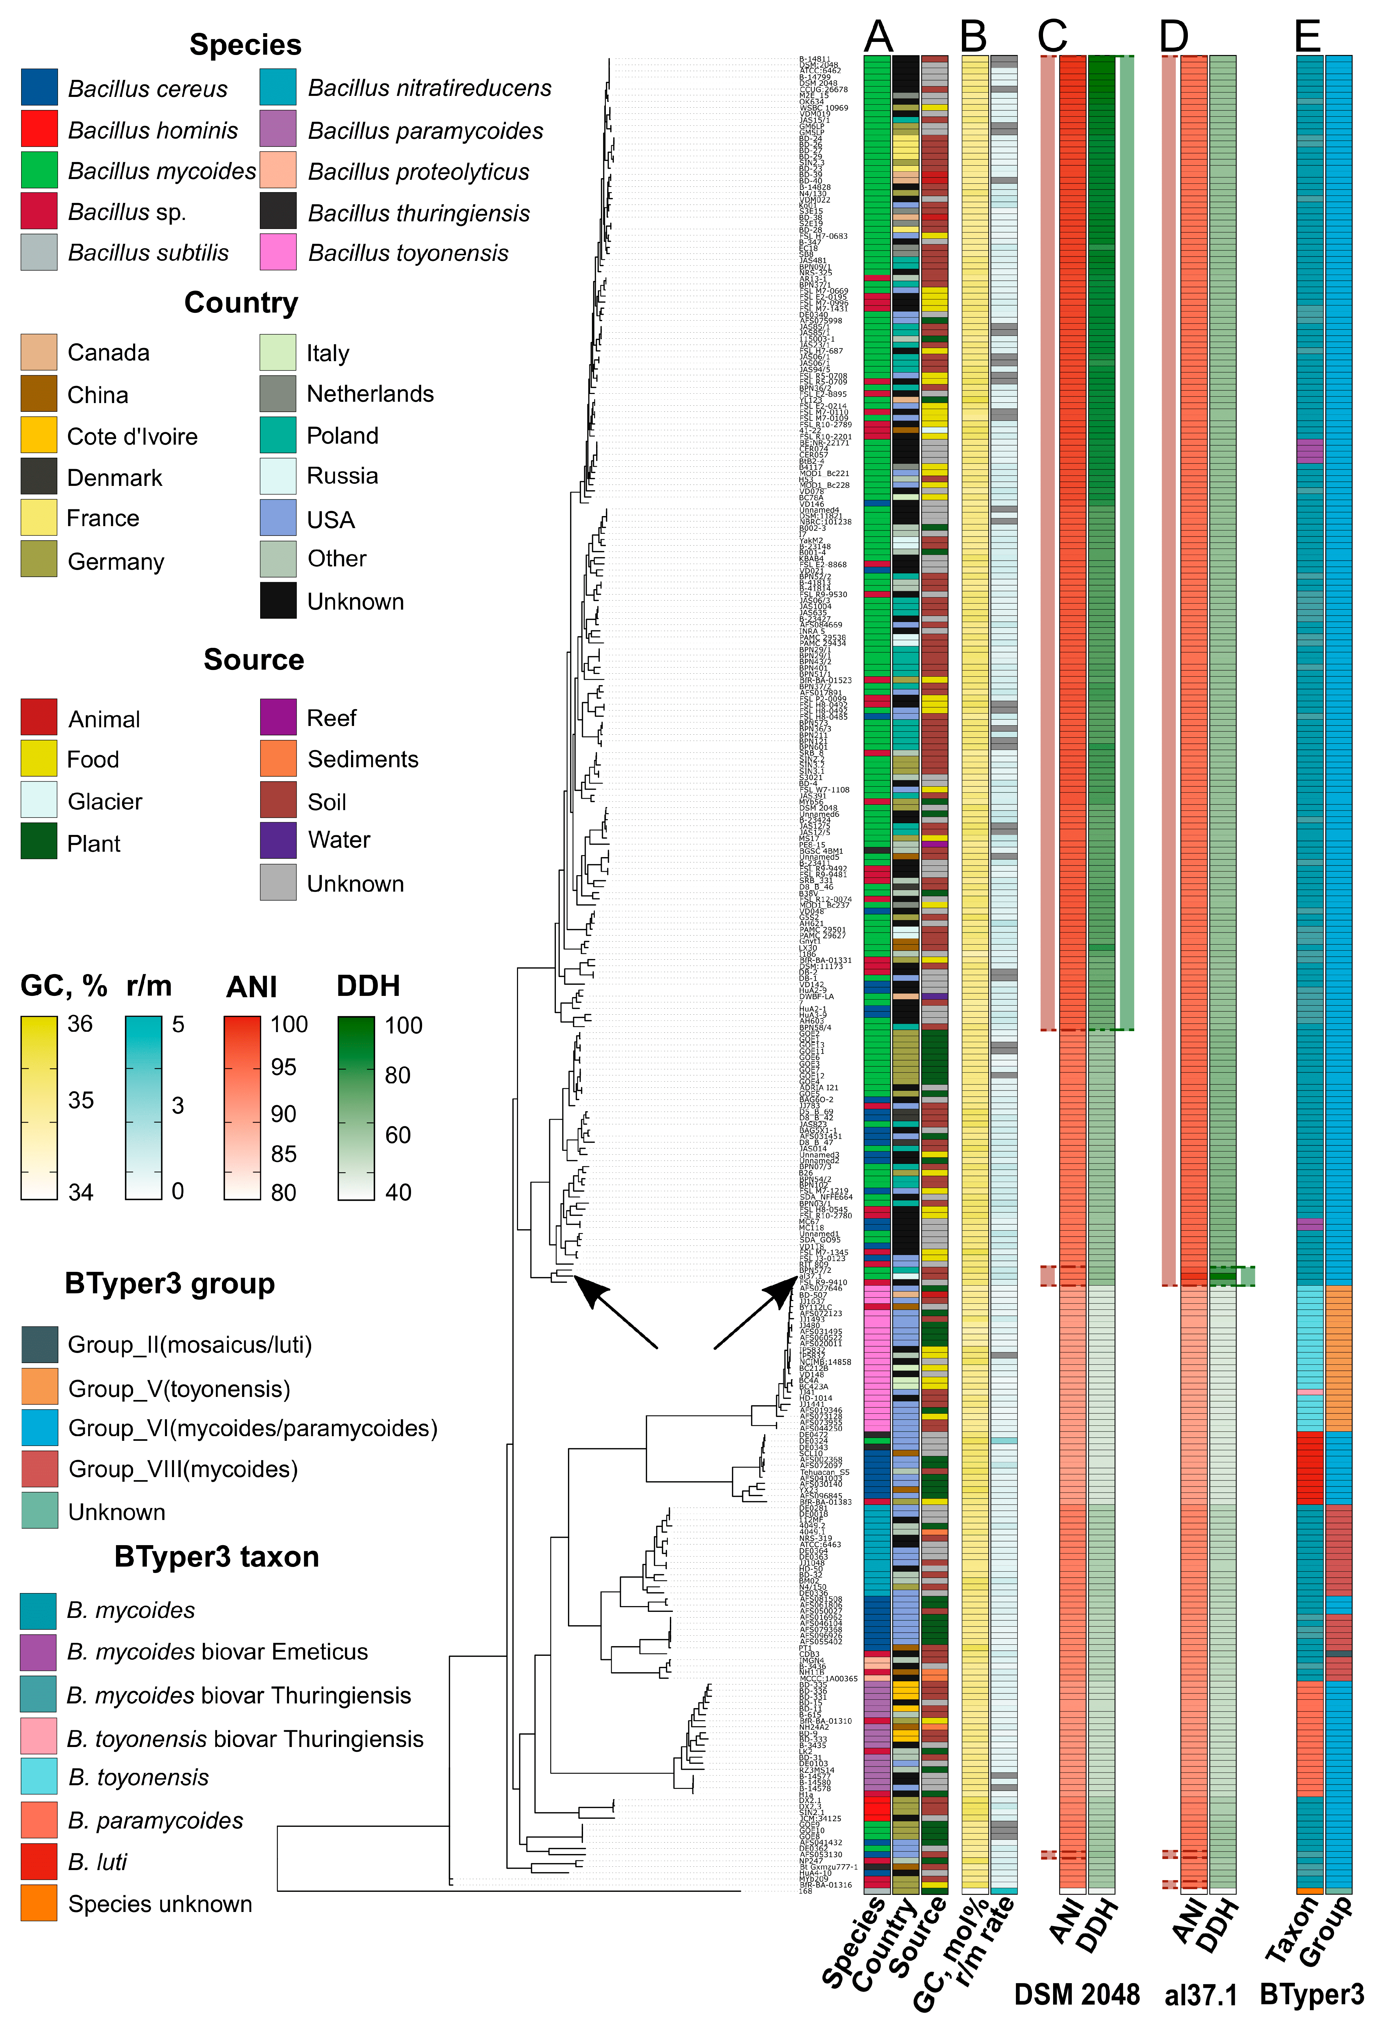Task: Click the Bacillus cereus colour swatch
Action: pos(39,87)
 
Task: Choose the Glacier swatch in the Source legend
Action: pos(39,800)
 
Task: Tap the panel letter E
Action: pos(1307,37)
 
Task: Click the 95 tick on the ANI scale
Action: pos(284,1067)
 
